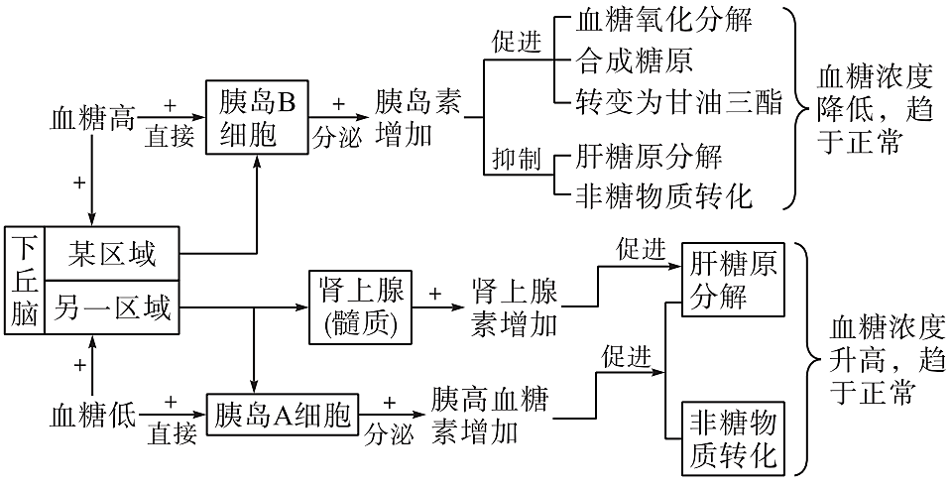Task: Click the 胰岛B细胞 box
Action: tap(257, 118)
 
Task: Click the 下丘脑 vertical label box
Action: tap(24, 280)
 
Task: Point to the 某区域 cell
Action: tap(111, 255)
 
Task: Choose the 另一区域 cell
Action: tap(111, 306)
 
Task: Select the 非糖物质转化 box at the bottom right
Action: tap(735, 439)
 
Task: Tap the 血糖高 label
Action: tap(91, 120)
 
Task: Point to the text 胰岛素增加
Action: tap(418, 118)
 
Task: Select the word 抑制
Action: tap(516, 158)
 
